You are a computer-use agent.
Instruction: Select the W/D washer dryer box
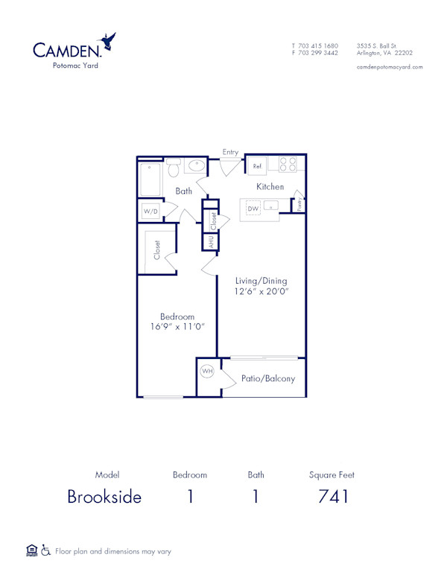click(x=151, y=212)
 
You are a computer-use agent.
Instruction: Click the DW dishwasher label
click(x=253, y=209)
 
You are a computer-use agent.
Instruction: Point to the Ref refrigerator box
click(x=258, y=165)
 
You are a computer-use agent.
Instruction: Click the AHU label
click(x=211, y=242)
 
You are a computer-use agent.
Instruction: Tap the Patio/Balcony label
click(x=268, y=378)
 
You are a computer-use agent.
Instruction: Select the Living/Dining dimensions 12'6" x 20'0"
click(x=261, y=291)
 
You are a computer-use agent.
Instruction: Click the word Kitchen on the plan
click(x=270, y=186)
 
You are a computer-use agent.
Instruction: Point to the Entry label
click(x=231, y=152)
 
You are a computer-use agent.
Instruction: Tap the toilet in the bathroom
click(x=174, y=168)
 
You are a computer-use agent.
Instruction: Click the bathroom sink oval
click(x=197, y=166)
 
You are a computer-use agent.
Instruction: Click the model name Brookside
click(x=104, y=497)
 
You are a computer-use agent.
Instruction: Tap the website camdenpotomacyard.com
click(x=390, y=67)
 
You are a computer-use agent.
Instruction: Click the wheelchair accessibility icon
click(x=45, y=551)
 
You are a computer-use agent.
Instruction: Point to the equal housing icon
click(x=31, y=550)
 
